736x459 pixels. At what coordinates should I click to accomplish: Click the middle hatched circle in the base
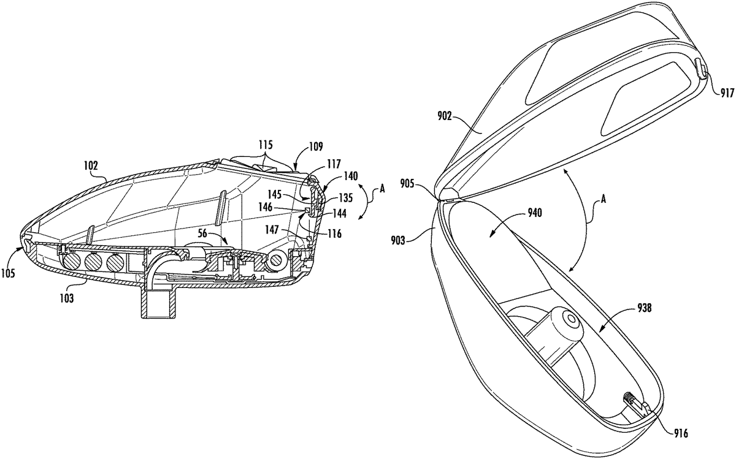[x=93, y=263]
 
